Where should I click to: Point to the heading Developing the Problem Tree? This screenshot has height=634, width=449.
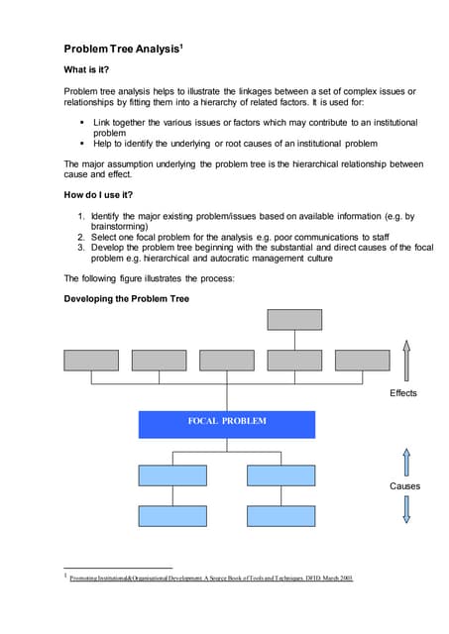coord(126,297)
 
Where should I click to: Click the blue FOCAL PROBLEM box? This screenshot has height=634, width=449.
coord(226,423)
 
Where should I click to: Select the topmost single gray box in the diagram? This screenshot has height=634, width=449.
coord(293,319)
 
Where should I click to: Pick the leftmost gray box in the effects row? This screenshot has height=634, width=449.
coord(90,361)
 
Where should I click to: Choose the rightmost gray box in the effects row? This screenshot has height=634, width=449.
coord(362,361)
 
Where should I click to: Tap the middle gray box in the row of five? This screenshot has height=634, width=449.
coord(226,361)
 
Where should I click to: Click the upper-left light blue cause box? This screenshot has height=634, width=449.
coord(172,475)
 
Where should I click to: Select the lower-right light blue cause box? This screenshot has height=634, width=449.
coord(281,515)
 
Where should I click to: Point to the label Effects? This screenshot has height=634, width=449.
coord(403,393)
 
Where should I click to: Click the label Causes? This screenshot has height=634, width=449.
coord(404,486)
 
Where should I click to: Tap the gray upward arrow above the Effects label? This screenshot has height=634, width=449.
coord(404,359)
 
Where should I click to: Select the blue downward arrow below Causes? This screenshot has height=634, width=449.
coord(404,509)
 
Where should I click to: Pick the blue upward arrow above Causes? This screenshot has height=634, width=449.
coord(404,461)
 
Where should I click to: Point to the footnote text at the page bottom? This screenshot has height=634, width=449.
coord(210,578)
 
